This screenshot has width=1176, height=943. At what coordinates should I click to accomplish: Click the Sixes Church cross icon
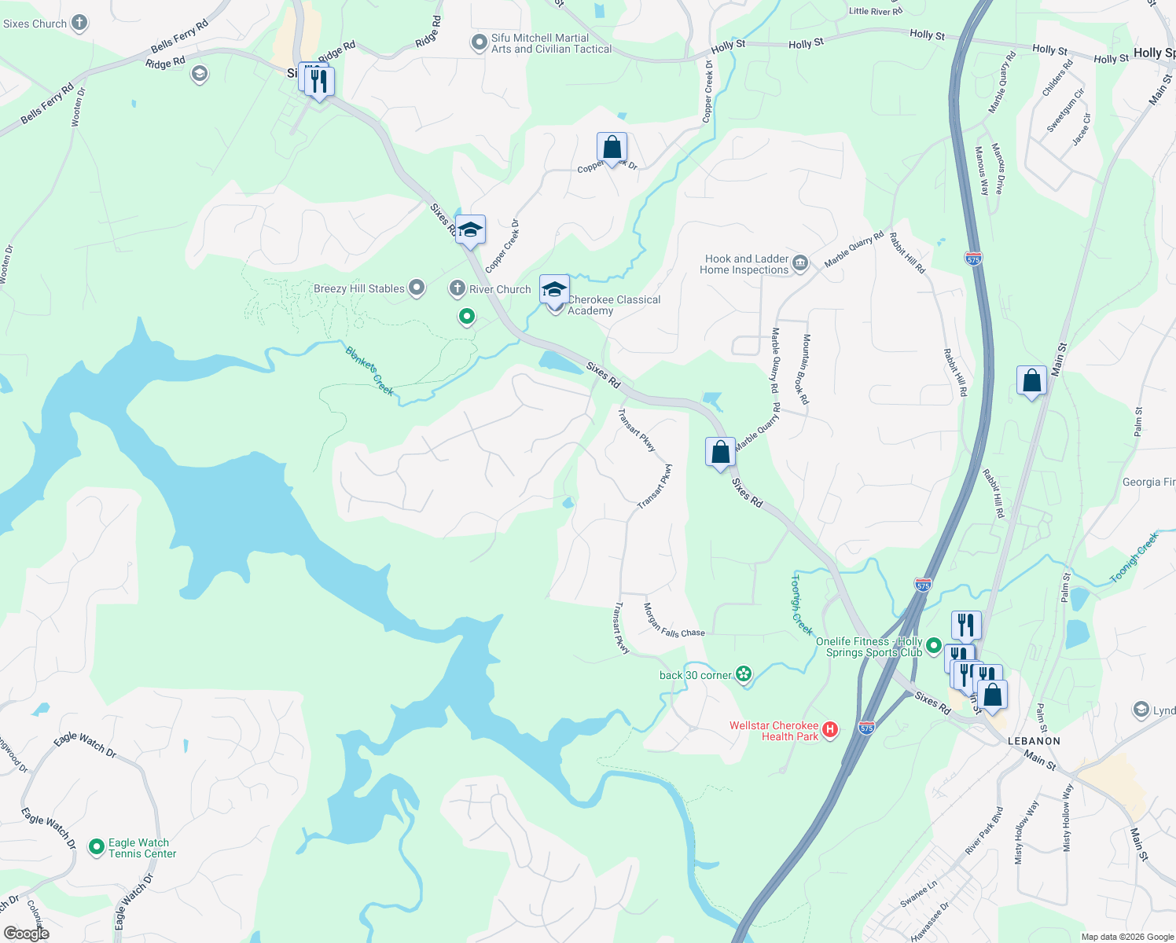(x=79, y=23)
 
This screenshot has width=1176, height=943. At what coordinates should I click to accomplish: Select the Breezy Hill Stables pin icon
(x=417, y=288)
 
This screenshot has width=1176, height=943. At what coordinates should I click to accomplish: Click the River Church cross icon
(x=457, y=288)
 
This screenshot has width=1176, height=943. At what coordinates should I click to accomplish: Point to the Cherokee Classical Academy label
(x=614, y=305)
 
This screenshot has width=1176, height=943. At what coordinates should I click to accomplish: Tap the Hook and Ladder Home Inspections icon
(x=800, y=262)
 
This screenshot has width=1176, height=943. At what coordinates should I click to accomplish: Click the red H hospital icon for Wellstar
(x=829, y=731)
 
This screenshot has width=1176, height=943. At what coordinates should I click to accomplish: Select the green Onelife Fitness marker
(x=933, y=646)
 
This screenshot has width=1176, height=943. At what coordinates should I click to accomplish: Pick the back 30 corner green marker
(x=744, y=674)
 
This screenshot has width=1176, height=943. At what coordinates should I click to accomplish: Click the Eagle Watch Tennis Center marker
(x=97, y=847)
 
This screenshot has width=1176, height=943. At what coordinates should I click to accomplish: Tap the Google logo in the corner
(x=26, y=934)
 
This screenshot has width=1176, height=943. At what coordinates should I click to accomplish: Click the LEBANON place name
(x=1034, y=741)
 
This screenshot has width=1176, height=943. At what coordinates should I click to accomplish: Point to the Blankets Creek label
(x=369, y=371)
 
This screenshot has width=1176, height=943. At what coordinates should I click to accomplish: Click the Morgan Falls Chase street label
(x=673, y=621)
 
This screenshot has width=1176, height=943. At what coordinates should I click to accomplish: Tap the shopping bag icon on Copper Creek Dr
(x=612, y=148)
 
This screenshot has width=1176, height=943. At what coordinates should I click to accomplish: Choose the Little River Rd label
(x=876, y=11)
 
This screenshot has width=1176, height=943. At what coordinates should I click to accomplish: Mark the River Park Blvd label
(x=983, y=831)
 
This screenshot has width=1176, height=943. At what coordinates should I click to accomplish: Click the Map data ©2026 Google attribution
(x=1127, y=937)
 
